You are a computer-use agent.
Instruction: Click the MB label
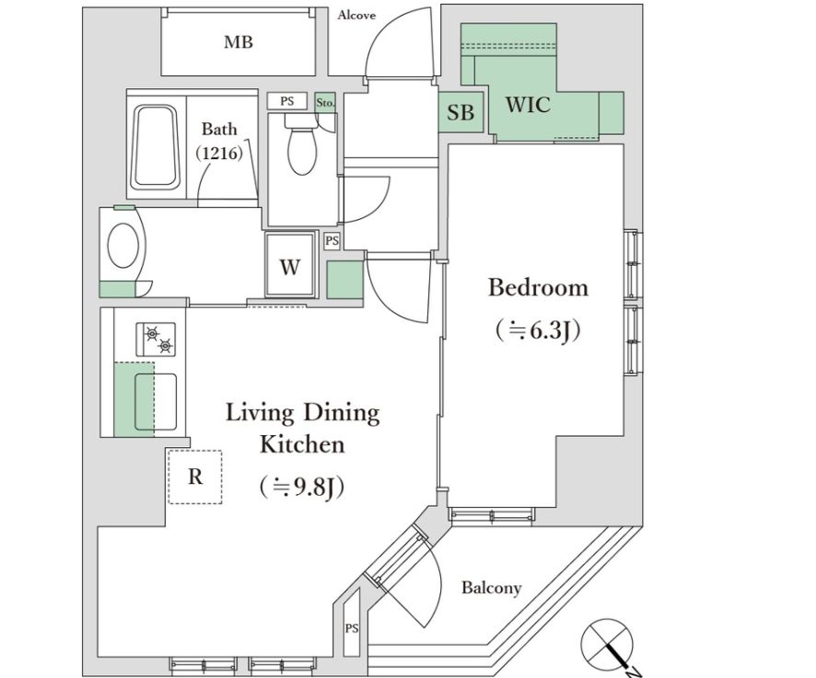(239, 41)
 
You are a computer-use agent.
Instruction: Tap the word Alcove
(356, 15)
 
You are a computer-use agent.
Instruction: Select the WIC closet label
(528, 105)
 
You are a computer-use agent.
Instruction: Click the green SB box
(461, 112)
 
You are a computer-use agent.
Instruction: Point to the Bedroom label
(538, 288)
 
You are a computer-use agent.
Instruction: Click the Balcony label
(491, 588)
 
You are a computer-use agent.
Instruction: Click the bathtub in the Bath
(157, 147)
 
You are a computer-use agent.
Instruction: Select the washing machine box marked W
(290, 264)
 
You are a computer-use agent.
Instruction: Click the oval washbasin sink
(123, 245)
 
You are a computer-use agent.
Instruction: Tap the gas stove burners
(157, 339)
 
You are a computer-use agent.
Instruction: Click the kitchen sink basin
(156, 402)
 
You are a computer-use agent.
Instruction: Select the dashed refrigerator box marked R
(195, 477)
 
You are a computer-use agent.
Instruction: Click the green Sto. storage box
(326, 102)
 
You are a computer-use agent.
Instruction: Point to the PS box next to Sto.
(287, 101)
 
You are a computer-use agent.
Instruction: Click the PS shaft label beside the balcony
(352, 628)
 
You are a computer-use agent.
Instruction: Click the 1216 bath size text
(219, 154)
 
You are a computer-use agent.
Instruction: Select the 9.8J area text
(302, 488)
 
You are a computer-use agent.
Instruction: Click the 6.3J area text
(538, 330)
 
